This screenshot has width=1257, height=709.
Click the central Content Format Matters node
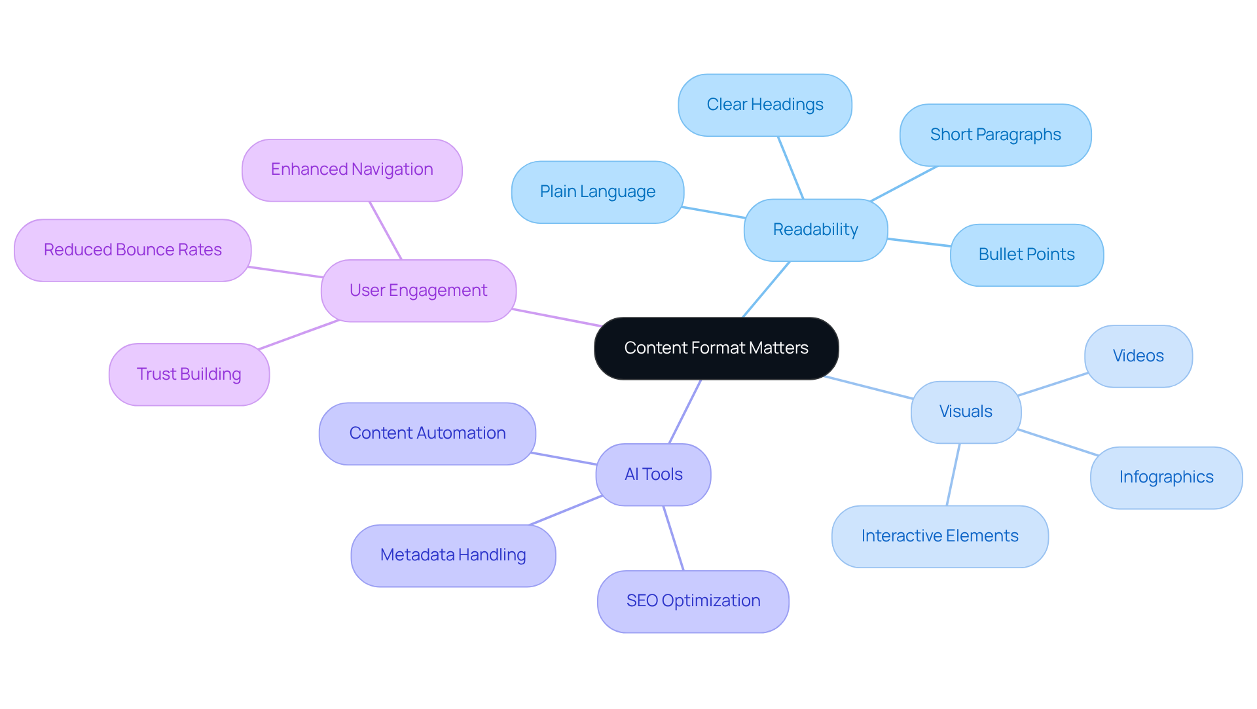pyautogui.click(x=716, y=348)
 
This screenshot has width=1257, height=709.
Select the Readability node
pyautogui.click(x=815, y=230)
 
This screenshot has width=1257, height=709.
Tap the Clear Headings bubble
pyautogui.click(x=765, y=105)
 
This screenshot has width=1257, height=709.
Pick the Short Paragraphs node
pyautogui.click(x=995, y=135)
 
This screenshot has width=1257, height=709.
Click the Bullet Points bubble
pyautogui.click(x=1027, y=255)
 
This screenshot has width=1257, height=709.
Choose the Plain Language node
pyautogui.click(x=597, y=192)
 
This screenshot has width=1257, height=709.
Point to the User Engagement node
pyautogui.click(x=418, y=291)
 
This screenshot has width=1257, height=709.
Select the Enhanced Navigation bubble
pyautogui.click(x=352, y=170)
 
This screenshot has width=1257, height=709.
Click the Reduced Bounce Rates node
pyautogui.click(x=132, y=250)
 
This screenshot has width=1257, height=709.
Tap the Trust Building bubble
pyautogui.click(x=189, y=374)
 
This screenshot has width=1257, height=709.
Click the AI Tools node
pyautogui.click(x=653, y=475)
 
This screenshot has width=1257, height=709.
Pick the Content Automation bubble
pyautogui.click(x=427, y=433)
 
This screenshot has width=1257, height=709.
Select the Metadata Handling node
pyautogui.click(x=453, y=555)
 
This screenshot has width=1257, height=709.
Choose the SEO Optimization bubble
pyautogui.click(x=693, y=601)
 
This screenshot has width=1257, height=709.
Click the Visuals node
pyautogui.click(x=966, y=412)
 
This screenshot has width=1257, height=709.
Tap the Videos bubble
pyautogui.click(x=1138, y=356)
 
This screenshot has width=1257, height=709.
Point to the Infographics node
pyautogui.click(x=1166, y=477)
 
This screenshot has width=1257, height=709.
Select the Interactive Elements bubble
pyautogui.click(x=939, y=536)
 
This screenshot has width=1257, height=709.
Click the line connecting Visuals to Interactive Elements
pyautogui.click(x=953, y=475)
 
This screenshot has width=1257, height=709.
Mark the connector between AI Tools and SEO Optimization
pyautogui.click(x=674, y=538)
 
